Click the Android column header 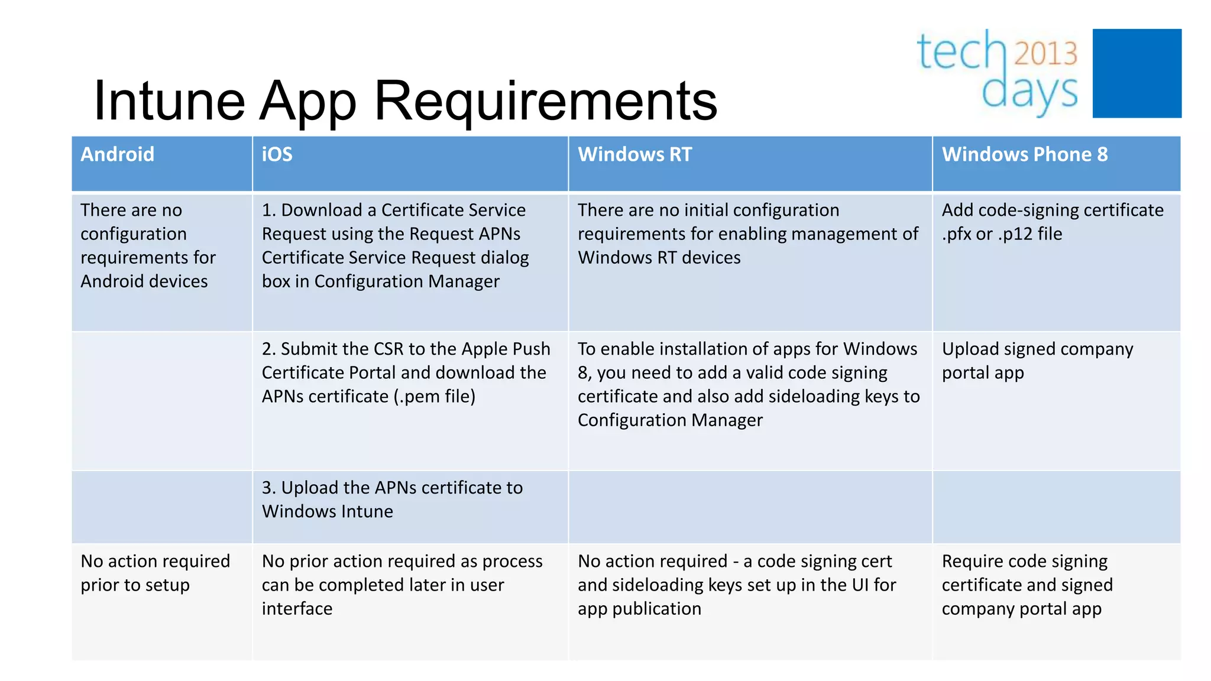coord(117,155)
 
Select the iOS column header coord(277,155)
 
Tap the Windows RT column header coord(634,155)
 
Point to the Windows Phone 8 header coord(1024,155)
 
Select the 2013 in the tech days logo coord(1045,53)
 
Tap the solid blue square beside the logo coord(1136,73)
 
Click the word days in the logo coord(1029,92)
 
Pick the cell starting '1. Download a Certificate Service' coord(395,246)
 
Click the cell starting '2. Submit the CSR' coord(406,373)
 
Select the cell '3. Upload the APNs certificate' coord(392,500)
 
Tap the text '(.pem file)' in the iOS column coord(435,397)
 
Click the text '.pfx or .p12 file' coord(1002,234)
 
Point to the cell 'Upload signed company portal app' coord(1037,361)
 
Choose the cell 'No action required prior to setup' coord(155,573)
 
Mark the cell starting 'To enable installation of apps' coord(748,385)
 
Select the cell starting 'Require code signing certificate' coord(1027,585)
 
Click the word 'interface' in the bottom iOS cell coord(297,609)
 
